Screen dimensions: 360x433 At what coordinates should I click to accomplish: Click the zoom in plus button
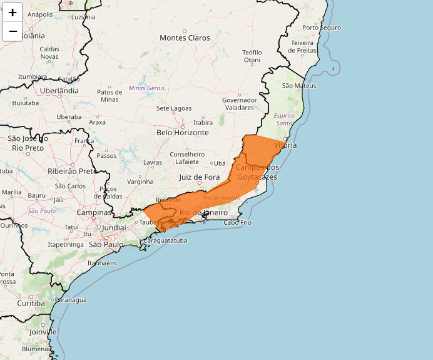[13, 12]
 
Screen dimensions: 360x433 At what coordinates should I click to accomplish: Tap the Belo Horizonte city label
[182, 133]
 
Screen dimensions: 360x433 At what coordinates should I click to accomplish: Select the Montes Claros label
[185, 38]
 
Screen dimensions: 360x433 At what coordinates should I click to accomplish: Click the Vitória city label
[285, 145]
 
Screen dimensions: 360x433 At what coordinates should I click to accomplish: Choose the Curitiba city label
[31, 303]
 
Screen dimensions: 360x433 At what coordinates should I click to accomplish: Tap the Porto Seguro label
[321, 28]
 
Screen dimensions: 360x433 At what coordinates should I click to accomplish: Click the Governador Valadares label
[240, 103]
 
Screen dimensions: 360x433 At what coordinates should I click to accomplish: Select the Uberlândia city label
[59, 90]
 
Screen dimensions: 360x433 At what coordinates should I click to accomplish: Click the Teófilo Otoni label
[252, 56]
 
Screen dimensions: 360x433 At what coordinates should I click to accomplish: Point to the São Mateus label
[299, 85]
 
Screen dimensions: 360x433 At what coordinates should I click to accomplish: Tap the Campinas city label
[94, 212]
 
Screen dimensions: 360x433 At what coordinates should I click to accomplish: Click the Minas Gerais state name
[146, 88]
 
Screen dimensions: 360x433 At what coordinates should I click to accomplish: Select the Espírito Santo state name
[283, 119]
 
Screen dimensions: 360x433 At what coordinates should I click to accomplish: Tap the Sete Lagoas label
[173, 108]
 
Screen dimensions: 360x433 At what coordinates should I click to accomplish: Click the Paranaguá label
[71, 299]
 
